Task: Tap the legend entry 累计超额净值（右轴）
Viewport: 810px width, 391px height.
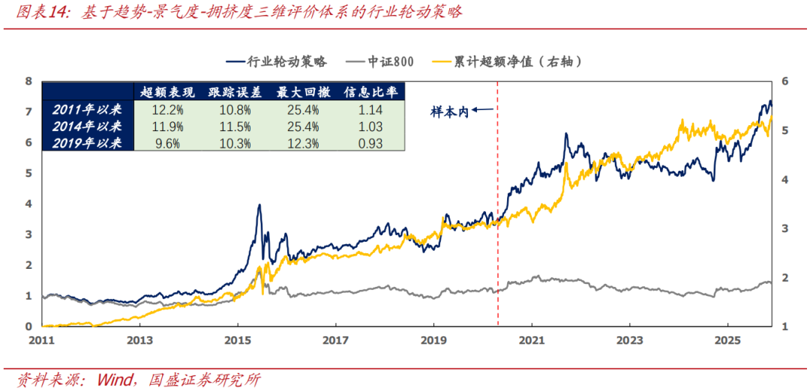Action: pos(517,62)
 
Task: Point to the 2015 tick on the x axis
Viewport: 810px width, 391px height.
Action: pos(238,339)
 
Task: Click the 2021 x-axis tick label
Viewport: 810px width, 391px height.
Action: pos(532,339)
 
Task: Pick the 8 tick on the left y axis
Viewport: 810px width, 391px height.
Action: pos(28,81)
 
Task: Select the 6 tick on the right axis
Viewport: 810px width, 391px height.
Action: pos(784,81)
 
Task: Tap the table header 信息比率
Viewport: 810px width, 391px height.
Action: pos(367,92)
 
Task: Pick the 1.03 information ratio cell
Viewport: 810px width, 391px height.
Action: pos(367,126)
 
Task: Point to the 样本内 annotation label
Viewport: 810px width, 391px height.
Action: pos(448,111)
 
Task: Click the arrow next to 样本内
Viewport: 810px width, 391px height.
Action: pos(483,111)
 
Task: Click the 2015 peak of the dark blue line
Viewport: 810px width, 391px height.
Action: pos(259,205)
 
